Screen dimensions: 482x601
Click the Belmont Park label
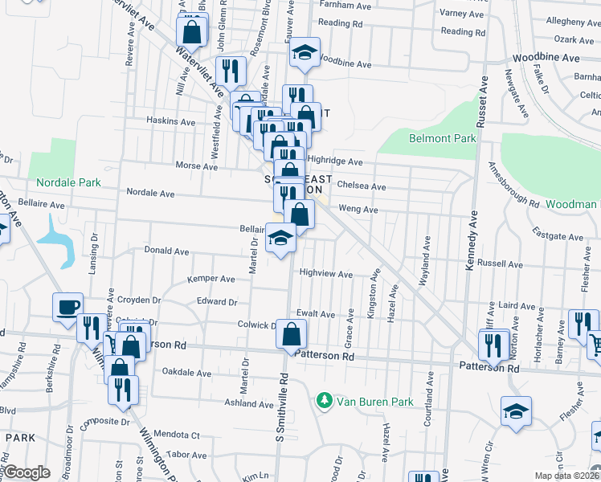tap(443, 138)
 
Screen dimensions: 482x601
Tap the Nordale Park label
tap(67, 182)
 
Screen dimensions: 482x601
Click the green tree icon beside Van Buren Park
tap(324, 399)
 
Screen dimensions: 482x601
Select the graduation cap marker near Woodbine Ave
tap(305, 53)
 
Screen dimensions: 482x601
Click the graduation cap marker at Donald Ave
tap(280, 239)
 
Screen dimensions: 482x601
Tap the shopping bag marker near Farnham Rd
tap(192, 33)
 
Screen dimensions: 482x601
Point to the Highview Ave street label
tap(325, 274)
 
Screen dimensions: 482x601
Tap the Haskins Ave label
tap(170, 122)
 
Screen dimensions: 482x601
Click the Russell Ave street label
tap(500, 263)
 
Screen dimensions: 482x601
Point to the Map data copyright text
tap(565, 476)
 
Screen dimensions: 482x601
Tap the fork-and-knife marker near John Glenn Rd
tap(231, 71)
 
